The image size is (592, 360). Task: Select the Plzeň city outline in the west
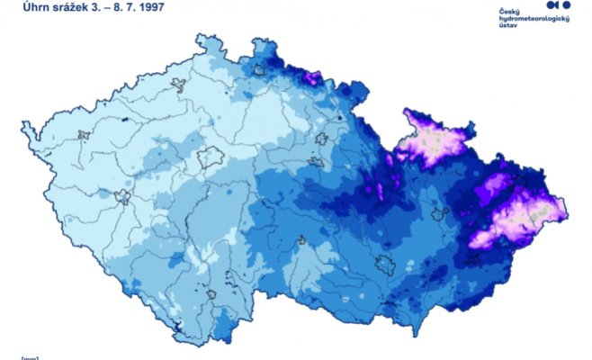pyautogui.click(x=122, y=196)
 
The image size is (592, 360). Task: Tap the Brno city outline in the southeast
pyautogui.click(x=386, y=265)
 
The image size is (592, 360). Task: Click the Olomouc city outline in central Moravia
pyautogui.click(x=440, y=214)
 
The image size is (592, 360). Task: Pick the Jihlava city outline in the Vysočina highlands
pyautogui.click(x=301, y=240)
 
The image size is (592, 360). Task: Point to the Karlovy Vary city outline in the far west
pyautogui.click(x=85, y=136)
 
